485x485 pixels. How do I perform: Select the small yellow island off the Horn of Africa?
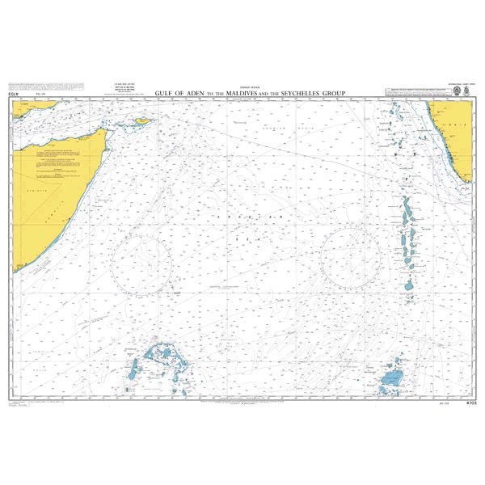click(x=143, y=120)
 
